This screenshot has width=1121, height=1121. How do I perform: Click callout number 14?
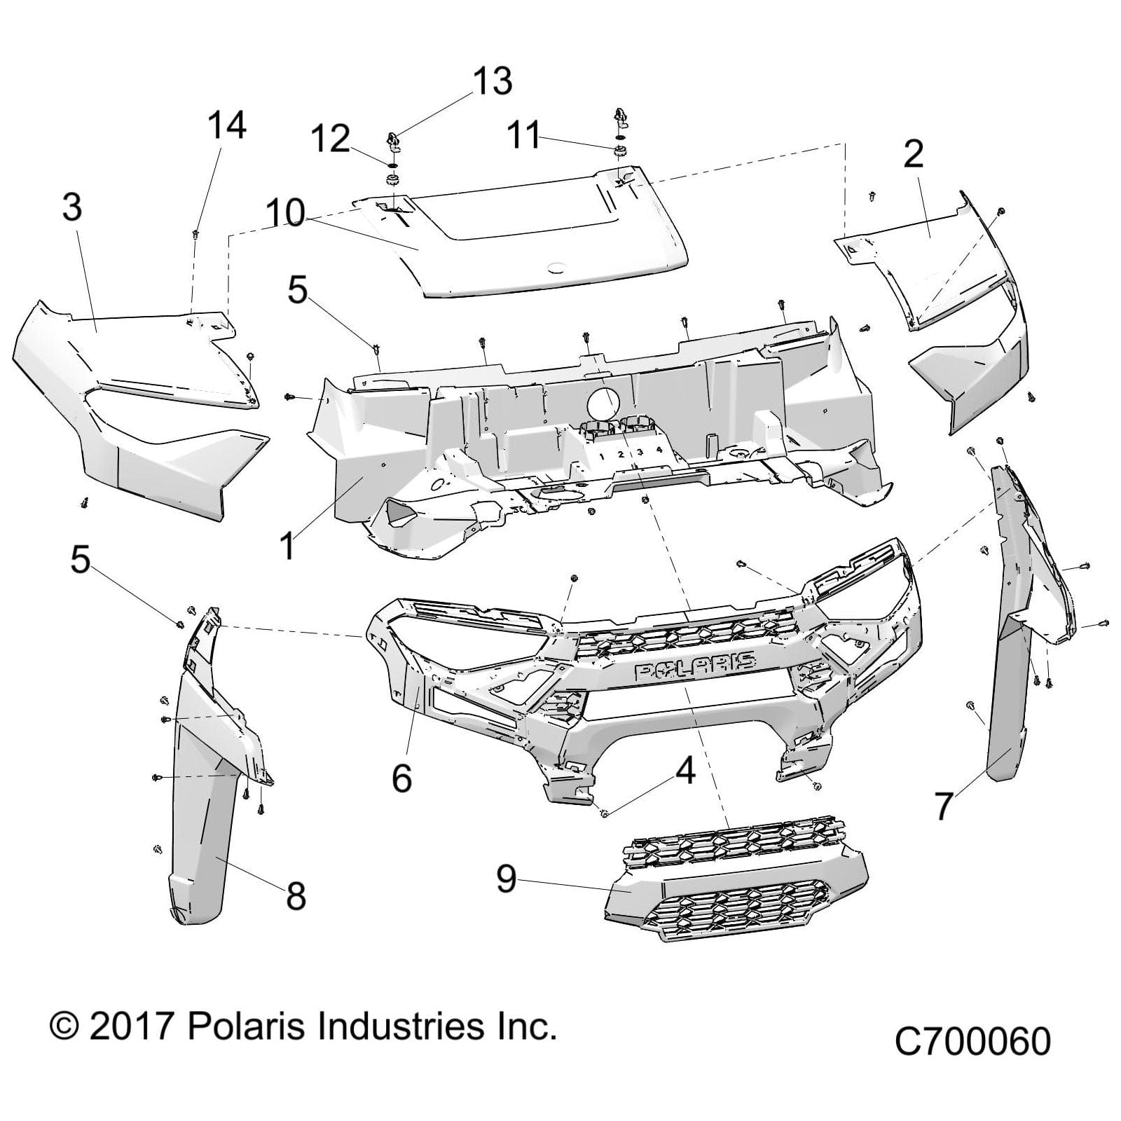pyautogui.click(x=226, y=126)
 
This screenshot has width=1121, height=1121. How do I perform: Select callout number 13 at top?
pyautogui.click(x=493, y=81)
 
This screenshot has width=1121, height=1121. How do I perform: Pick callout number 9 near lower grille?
pyautogui.click(x=507, y=879)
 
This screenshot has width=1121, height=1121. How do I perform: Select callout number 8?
pyautogui.click(x=296, y=896)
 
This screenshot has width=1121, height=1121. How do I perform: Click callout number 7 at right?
pyautogui.click(x=944, y=806)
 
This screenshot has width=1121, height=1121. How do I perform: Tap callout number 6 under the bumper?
pyautogui.click(x=401, y=778)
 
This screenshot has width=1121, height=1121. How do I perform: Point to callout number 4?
pyautogui.click(x=685, y=770)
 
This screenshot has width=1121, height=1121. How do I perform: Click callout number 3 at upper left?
pyautogui.click(x=72, y=207)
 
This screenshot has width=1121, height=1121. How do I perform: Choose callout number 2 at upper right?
pyautogui.click(x=913, y=155)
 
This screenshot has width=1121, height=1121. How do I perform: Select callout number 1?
pyautogui.click(x=287, y=546)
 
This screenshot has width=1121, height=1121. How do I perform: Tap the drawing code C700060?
pyautogui.click(x=972, y=1042)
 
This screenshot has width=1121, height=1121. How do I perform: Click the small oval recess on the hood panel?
pyautogui.click(x=558, y=267)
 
